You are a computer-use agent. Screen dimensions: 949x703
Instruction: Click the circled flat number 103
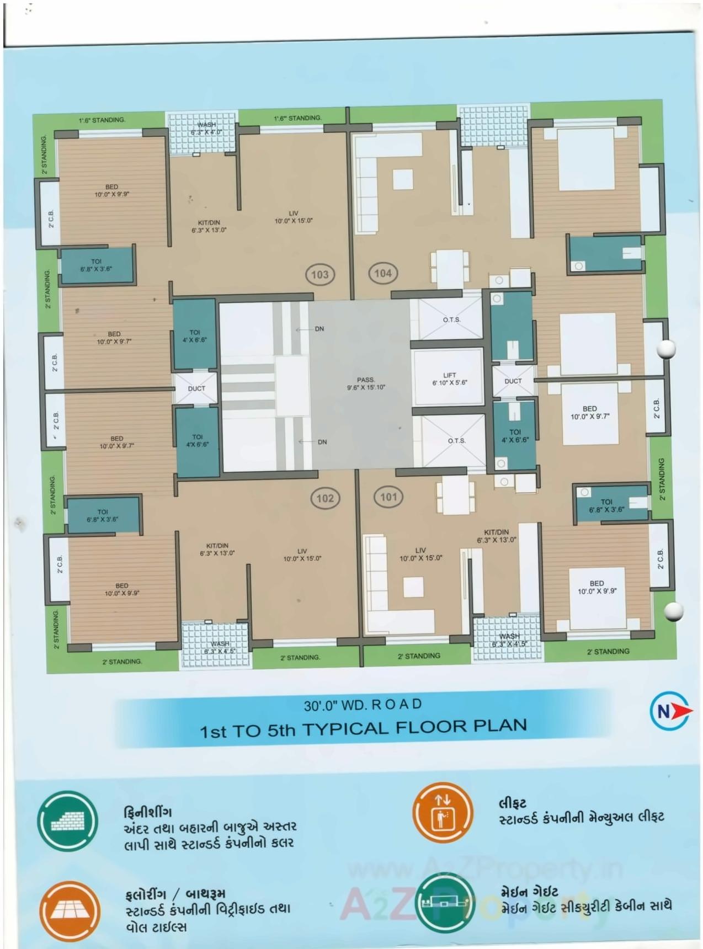point(320,274)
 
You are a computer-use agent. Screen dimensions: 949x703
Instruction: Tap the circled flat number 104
point(383,273)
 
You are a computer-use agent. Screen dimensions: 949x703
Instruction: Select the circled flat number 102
point(325,498)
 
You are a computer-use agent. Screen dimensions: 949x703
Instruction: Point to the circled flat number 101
point(388,497)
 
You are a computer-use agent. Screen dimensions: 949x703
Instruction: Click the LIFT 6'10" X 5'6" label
point(450,379)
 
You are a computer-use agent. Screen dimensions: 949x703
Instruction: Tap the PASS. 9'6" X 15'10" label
point(366,383)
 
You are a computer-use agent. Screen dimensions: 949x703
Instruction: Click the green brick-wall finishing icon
point(67,822)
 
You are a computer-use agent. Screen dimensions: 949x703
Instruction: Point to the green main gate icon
point(445,904)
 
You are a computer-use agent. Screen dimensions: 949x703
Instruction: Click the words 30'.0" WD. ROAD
point(363,705)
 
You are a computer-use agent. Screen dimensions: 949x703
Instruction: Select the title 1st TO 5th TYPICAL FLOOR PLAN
point(363,728)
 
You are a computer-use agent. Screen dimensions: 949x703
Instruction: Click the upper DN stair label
point(319,329)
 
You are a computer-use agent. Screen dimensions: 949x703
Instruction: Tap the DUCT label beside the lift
point(513,381)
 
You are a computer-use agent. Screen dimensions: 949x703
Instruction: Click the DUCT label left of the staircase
point(196,388)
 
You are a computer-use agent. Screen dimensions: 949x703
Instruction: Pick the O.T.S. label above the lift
point(451,320)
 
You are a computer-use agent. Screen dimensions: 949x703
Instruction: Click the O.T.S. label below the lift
point(456,441)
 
